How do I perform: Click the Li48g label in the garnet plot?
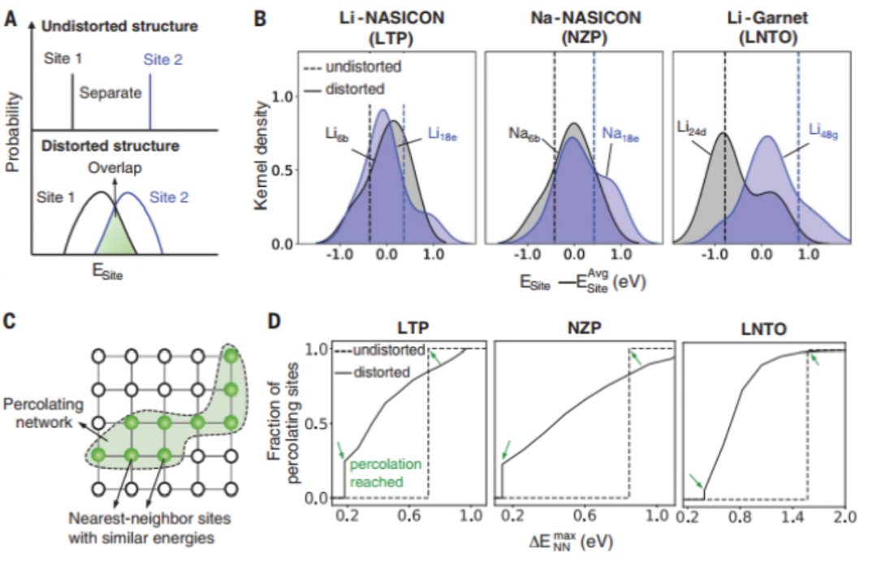pos(827,131)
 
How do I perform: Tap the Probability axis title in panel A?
pos(11,134)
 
